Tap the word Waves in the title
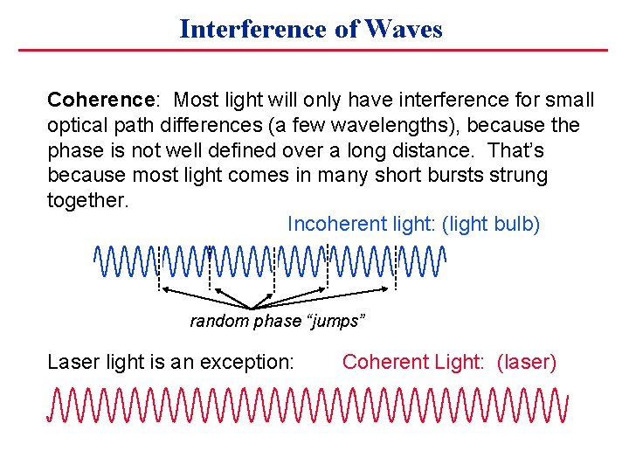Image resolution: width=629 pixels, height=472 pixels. pos(404,29)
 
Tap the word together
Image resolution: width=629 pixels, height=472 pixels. pos(86,201)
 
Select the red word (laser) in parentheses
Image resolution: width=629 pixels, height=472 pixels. pos(526,362)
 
